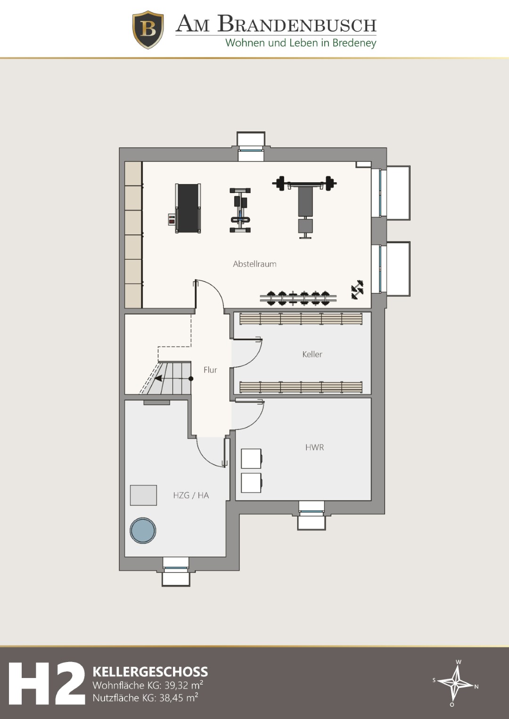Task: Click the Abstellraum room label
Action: pos(254,264)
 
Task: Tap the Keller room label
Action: pos(312,355)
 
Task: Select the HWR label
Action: pos(315,447)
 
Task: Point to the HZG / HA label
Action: pos(191,495)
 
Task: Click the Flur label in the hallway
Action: pos(210,370)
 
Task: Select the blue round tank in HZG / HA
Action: pos(143,530)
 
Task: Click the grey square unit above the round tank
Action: pos(143,495)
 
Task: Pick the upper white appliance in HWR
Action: pos(252,459)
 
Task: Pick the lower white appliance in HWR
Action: pos(252,483)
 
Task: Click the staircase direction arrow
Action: pos(173,379)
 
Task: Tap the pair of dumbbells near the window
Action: pos(357,290)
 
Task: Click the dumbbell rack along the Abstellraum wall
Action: pos(298,298)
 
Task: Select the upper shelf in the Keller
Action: pos(301,319)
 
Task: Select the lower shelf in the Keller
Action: pos(301,387)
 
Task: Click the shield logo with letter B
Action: pos(148,30)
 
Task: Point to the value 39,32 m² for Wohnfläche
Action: pos(184,685)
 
